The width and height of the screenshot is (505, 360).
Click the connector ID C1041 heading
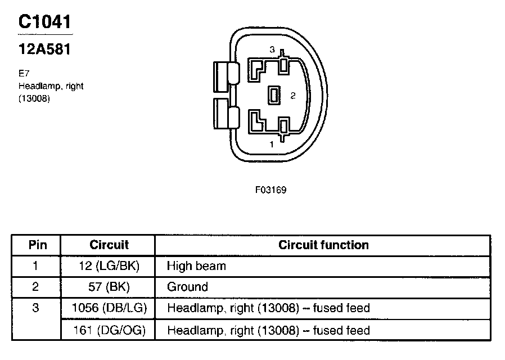coord(45,22)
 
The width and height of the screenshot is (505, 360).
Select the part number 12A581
coord(44,49)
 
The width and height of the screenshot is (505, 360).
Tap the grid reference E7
coord(23,73)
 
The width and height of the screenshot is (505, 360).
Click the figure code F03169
coord(270,190)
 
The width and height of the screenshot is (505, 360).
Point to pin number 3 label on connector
coord(272,51)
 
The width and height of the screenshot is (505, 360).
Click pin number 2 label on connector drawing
coord(292,96)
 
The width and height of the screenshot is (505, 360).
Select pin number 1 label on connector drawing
coord(272,144)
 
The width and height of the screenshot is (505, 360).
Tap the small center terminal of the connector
coord(274,96)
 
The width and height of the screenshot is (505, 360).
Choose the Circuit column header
coord(109,245)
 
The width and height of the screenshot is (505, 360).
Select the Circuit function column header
coord(323,245)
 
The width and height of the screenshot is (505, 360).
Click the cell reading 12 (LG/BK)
coord(109,266)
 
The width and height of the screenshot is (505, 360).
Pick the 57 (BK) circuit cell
coord(109,287)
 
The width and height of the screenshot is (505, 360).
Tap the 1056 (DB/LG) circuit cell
coord(109,308)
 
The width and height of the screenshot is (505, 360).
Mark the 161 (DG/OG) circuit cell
coord(109,330)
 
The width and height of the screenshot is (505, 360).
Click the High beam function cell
coord(196,266)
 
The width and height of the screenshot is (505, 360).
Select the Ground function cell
coord(187,287)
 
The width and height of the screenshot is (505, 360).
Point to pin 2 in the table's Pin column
coord(36,287)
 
